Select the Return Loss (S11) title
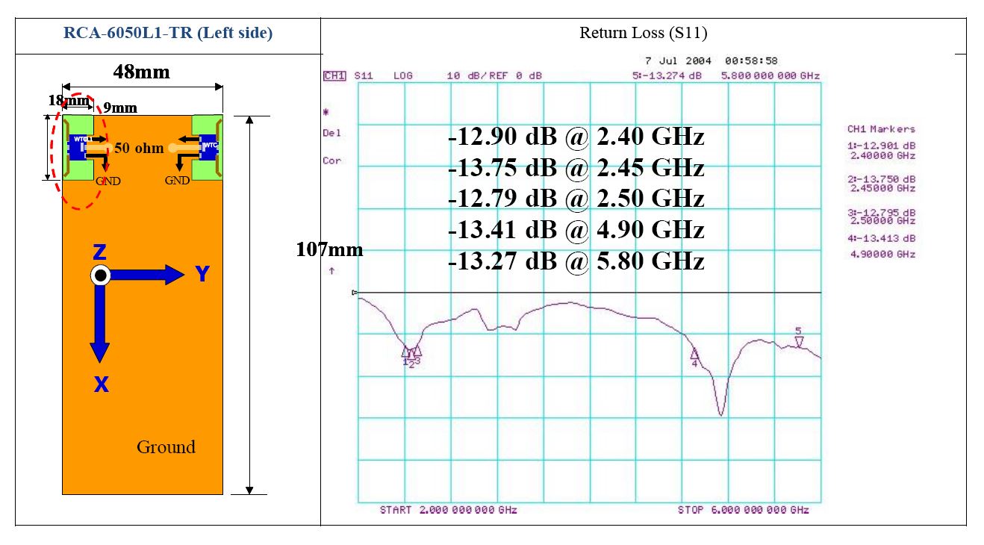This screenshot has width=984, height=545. click(x=643, y=33)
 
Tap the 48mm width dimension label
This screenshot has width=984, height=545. click(x=141, y=72)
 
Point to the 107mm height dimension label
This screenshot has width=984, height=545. click(x=329, y=249)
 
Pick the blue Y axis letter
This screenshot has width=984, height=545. click(x=202, y=275)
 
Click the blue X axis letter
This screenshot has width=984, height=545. click(x=101, y=385)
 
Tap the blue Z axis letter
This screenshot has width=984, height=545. click(x=99, y=252)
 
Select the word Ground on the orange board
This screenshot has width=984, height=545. click(x=166, y=447)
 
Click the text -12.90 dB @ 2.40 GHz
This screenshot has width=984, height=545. click(x=576, y=137)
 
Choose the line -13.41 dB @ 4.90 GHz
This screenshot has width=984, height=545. click(x=576, y=229)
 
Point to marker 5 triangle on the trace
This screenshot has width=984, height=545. click(x=798, y=341)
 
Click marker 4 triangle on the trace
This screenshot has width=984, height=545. click(x=694, y=354)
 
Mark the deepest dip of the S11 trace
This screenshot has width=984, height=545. click(x=720, y=414)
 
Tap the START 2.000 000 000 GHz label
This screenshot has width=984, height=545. click(x=448, y=510)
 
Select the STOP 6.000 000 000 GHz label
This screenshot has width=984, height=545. click(x=743, y=510)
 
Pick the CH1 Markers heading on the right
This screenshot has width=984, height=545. click(x=881, y=129)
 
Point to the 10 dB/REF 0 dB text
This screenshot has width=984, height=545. click(x=494, y=75)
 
